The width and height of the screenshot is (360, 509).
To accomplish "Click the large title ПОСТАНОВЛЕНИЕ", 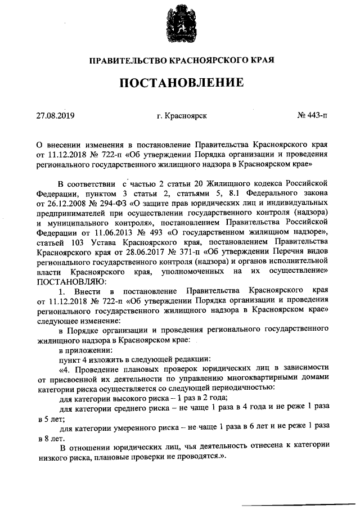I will (x=180, y=83).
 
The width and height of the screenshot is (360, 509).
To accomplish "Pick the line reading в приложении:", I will (x=84, y=349).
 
